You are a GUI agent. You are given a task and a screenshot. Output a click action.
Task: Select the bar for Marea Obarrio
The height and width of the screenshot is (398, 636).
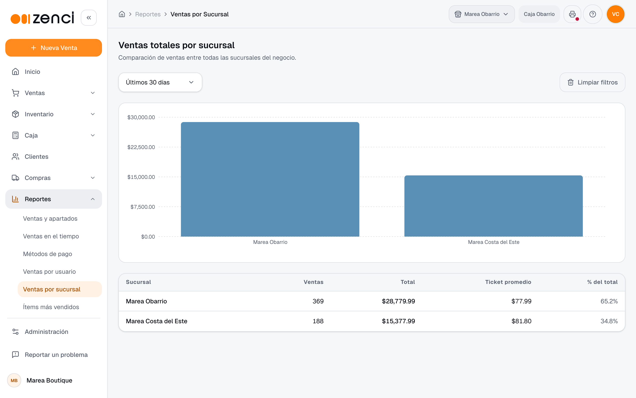[270, 179]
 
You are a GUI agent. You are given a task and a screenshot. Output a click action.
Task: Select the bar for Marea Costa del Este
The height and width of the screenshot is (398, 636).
[493, 206]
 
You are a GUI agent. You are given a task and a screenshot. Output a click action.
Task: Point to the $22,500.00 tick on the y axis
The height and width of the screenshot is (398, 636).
[141, 147]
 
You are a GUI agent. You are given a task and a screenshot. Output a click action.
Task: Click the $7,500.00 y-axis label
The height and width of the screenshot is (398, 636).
[143, 207]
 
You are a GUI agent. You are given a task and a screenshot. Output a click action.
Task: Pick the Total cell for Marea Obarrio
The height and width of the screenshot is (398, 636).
[398, 301]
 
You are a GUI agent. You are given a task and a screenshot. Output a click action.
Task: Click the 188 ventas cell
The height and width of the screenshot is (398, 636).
[318, 321]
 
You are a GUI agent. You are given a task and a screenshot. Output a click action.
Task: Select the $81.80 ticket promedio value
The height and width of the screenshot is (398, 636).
[521, 321]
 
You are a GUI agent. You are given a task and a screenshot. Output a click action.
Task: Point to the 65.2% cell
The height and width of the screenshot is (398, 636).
[609, 301]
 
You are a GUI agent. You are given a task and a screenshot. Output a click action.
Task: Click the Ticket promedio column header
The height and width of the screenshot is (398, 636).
[508, 282]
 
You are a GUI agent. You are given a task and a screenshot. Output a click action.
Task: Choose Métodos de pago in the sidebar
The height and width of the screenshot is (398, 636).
[47, 254]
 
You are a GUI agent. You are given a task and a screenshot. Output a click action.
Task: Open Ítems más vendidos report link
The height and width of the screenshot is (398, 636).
[51, 307]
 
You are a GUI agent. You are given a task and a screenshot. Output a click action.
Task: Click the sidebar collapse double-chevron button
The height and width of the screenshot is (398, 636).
[89, 18]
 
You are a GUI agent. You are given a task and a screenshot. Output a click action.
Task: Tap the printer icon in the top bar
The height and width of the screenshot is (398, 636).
[572, 14]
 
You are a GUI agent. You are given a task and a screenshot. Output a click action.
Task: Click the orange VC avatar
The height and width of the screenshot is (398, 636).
[615, 14]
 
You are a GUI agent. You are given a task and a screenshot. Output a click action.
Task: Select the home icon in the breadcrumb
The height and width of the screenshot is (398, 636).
[122, 14]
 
